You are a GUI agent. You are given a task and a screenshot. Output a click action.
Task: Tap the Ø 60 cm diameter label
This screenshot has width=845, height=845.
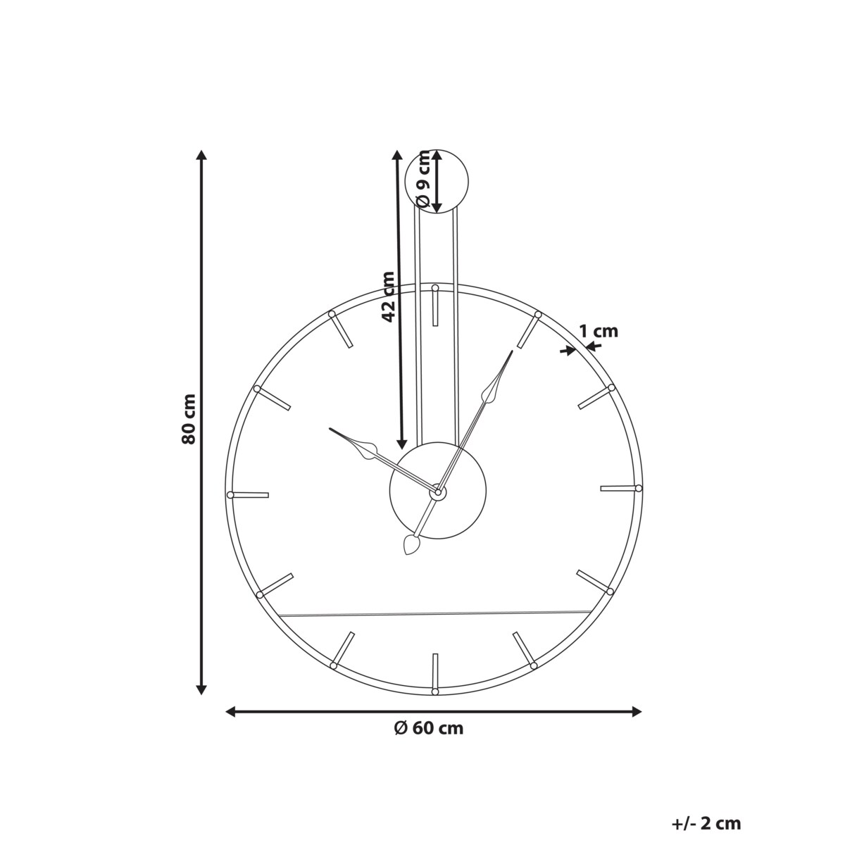429,728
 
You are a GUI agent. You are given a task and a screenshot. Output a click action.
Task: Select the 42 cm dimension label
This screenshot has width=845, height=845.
387,296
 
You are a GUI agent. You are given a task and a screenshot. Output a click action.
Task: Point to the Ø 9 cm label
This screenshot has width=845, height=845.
423,180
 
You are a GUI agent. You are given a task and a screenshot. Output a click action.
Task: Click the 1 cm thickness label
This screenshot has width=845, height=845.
598,331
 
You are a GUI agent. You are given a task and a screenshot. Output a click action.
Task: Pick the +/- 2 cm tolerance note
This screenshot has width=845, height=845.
706,823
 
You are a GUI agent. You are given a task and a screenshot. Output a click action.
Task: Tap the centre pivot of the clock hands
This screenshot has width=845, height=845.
437,492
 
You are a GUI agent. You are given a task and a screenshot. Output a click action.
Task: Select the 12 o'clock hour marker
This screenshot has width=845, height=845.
435,306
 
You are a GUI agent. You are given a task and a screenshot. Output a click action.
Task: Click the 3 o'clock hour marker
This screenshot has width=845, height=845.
620,488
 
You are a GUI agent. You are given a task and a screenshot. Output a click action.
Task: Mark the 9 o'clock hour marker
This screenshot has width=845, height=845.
249,495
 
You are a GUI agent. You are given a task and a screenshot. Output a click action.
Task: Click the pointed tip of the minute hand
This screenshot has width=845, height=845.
512,351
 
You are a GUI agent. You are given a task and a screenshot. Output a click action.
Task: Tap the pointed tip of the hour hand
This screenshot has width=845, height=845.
330,428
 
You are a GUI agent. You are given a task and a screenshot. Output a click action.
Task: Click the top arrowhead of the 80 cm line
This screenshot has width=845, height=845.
201,156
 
